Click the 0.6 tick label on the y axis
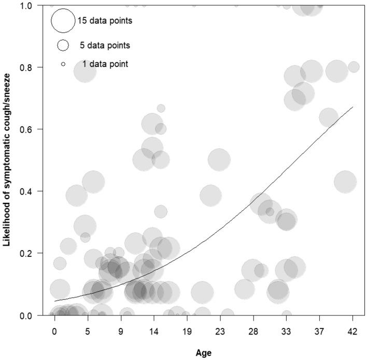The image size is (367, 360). tap(36, 129)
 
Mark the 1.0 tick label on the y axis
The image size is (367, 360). tap(36, 5)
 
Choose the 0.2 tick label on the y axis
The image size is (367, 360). tap(36, 253)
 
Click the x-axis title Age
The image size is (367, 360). tap(204, 352)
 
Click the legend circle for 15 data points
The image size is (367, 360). tap(63, 21)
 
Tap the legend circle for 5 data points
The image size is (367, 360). tap(63, 45)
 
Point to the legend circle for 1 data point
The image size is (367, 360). tap(63, 64)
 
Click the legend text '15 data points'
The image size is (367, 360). tap(105, 21)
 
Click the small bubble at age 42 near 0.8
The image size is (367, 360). tap(354, 67)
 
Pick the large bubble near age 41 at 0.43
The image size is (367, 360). tap(345, 182)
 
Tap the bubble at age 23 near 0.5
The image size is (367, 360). tap(219, 159)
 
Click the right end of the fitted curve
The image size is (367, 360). tap(352, 107)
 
